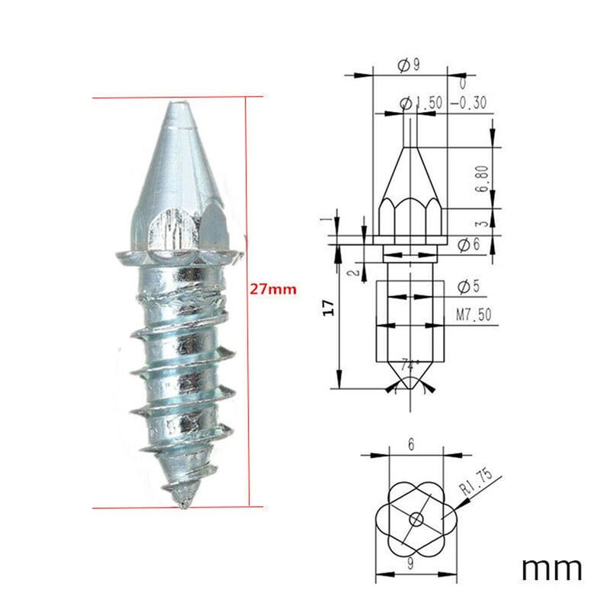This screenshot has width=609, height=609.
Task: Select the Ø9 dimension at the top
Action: point(408,65)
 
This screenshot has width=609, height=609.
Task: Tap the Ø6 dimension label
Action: point(470,245)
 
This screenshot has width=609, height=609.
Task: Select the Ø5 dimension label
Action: point(470,286)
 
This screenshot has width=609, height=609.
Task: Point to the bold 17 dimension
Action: point(328,308)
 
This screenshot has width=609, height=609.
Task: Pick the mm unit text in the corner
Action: point(552,568)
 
